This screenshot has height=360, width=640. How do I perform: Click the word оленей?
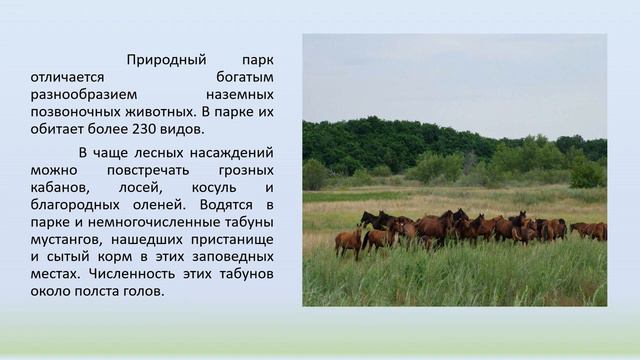click(x=150, y=205)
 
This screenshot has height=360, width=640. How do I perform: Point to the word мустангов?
click(x=65, y=239)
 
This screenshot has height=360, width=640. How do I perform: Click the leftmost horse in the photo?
click(x=348, y=240)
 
